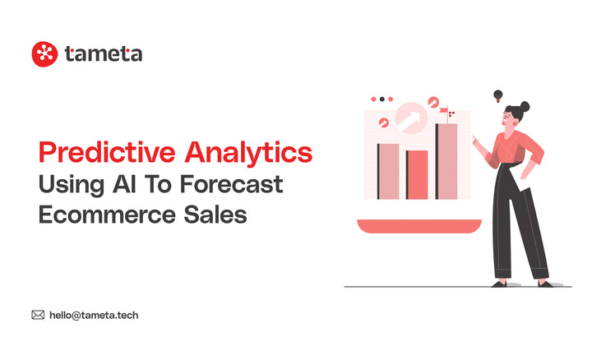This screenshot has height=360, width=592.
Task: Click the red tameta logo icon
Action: point(44,54)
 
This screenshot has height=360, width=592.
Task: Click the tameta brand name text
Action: point(103,54)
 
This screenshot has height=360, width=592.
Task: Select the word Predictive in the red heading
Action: point(106,153)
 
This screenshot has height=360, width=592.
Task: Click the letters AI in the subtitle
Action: point(132,184)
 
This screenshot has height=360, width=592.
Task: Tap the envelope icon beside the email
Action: point(38,314)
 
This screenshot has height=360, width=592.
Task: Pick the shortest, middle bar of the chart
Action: point(417,174)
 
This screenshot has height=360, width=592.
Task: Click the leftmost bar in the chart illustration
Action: point(387,171)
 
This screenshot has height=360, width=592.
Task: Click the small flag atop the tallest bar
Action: point(445,111)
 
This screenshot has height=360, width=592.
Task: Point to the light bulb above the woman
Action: point(497,96)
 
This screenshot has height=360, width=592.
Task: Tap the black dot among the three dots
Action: point(382,99)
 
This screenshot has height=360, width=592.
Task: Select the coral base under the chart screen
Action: point(417,225)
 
